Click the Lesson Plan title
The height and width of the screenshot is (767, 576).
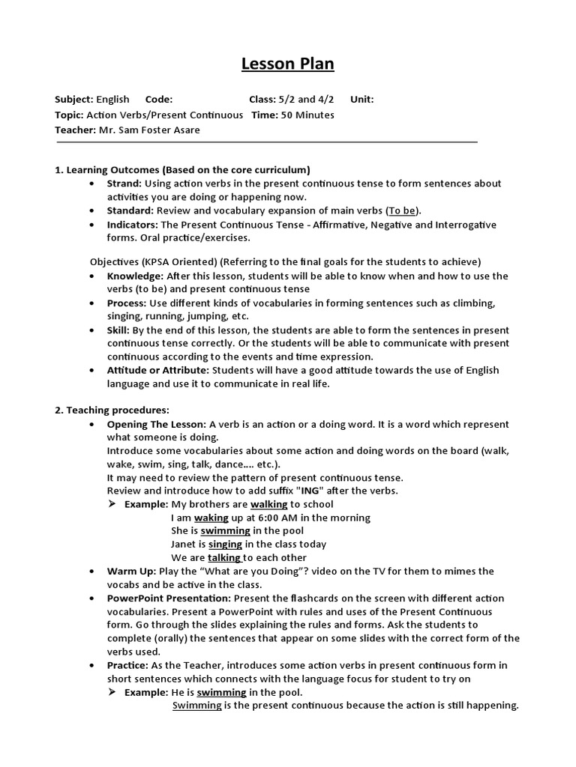288,64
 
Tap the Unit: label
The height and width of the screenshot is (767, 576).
361,99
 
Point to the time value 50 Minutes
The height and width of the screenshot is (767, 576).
307,115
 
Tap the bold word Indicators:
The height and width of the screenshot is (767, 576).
132,225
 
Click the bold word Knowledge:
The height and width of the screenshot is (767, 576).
135,276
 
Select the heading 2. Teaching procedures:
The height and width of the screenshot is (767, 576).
112,410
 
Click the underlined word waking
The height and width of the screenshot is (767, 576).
211,518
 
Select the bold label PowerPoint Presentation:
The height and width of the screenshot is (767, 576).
169,598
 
